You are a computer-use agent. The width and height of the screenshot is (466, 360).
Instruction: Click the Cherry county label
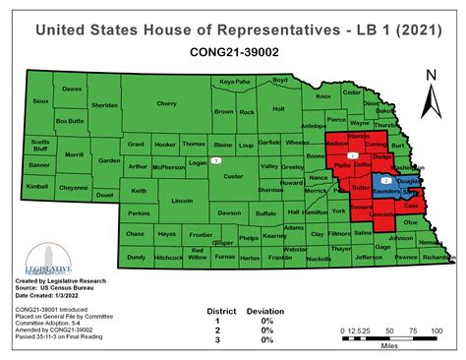point(166,103)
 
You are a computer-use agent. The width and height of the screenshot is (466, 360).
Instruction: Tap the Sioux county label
point(40,101)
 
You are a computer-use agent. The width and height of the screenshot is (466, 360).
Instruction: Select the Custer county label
point(233,176)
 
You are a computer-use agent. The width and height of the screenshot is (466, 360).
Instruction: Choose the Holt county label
point(277,109)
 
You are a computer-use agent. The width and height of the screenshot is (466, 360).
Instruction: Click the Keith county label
point(139,191)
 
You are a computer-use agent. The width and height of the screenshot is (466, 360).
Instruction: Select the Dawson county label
point(230,212)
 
